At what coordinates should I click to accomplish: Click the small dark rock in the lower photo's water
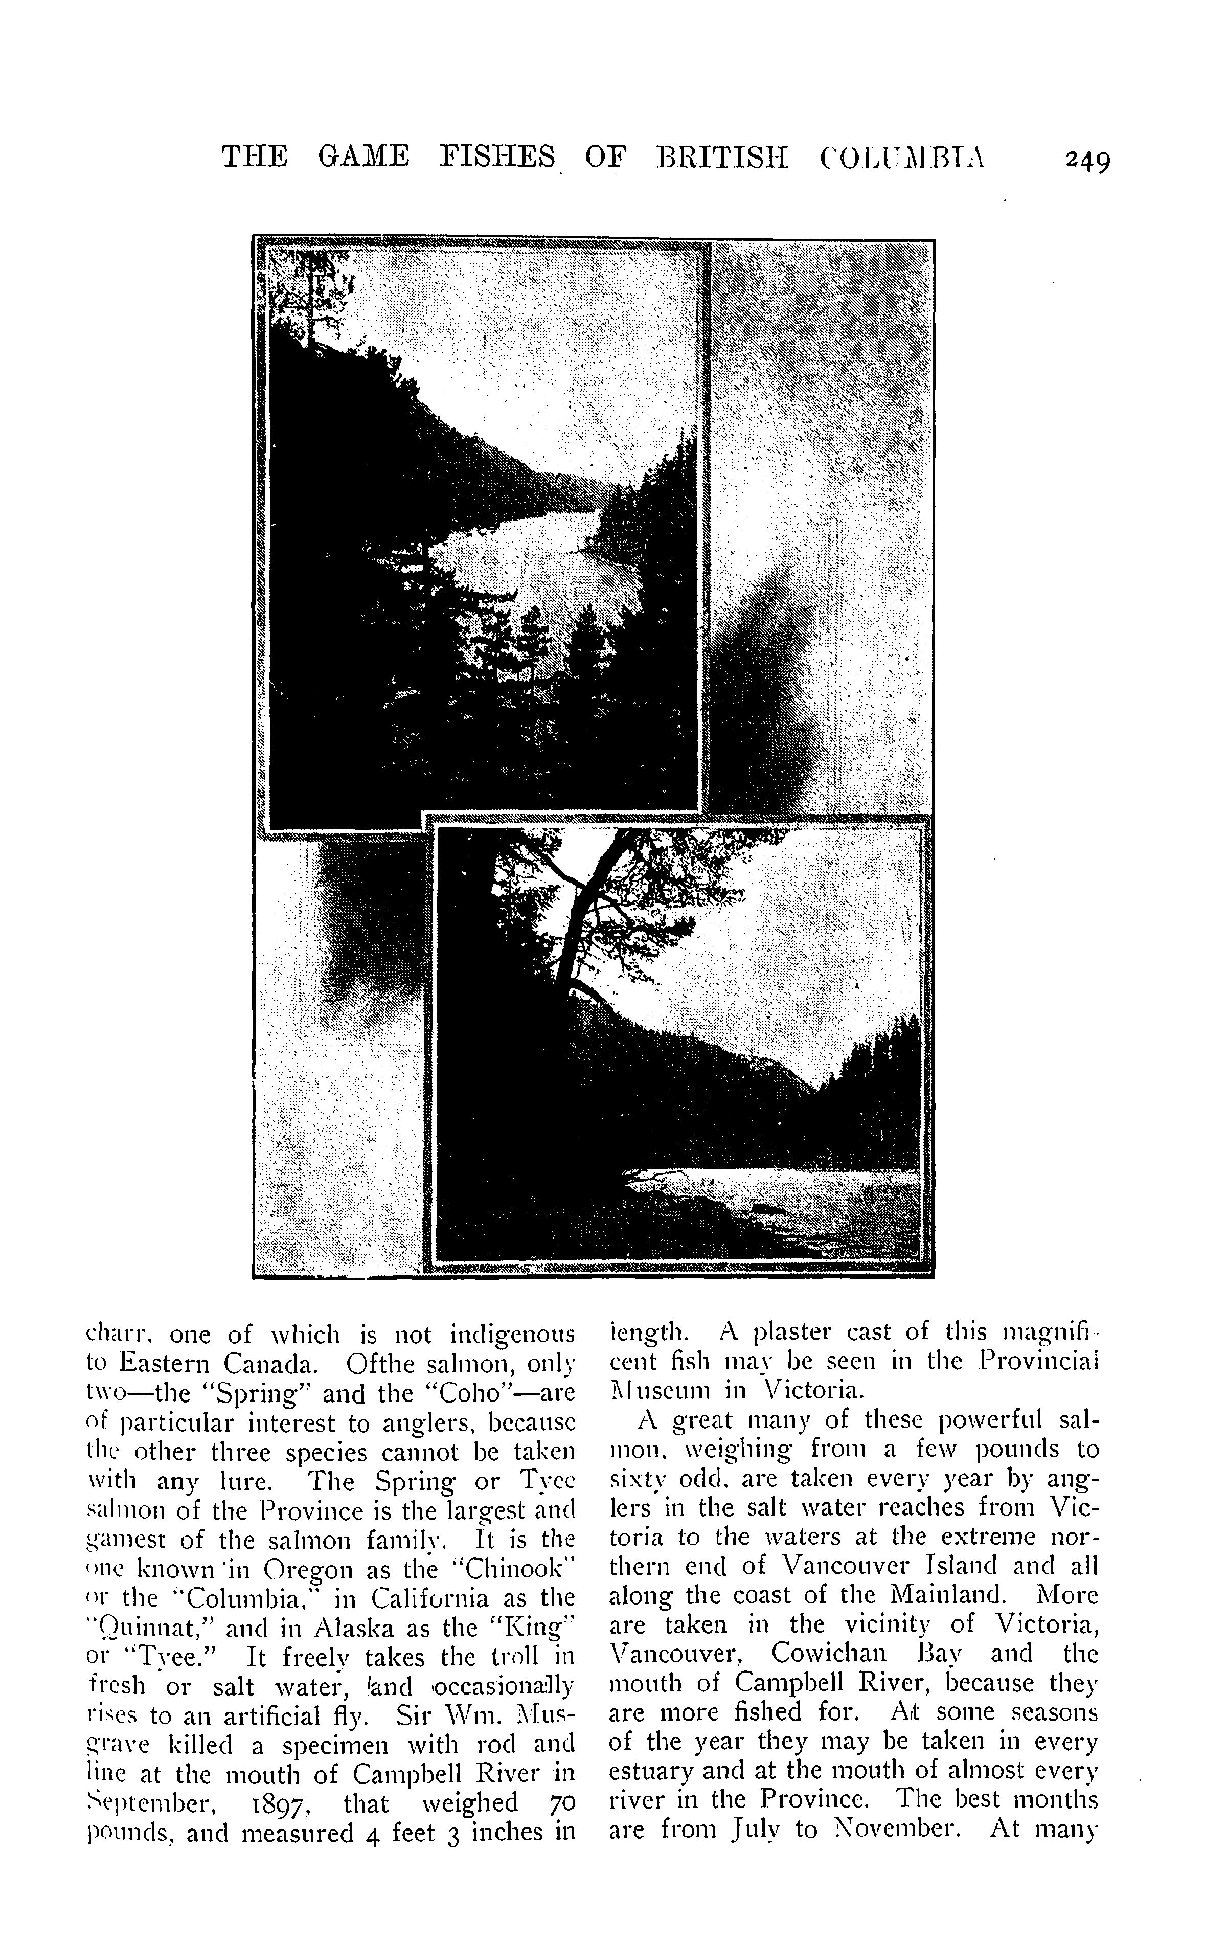tap(762, 1209)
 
